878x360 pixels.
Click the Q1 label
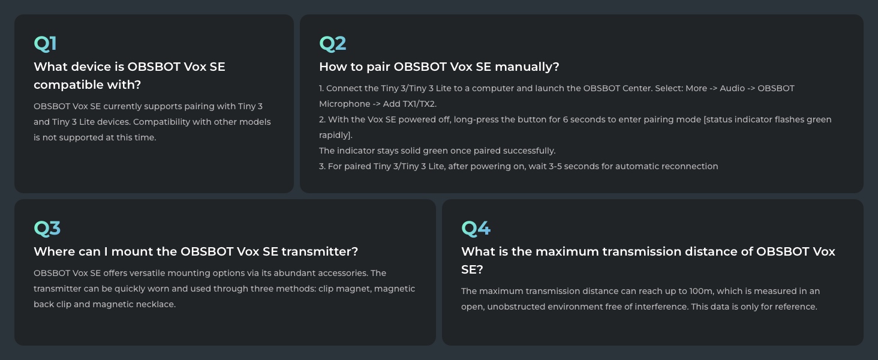pyautogui.click(x=45, y=44)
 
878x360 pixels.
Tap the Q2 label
pyautogui.click(x=333, y=44)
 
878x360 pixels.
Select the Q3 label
pyautogui.click(x=47, y=229)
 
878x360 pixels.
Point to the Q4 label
pyautogui.click(x=476, y=229)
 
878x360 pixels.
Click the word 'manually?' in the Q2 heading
pyautogui.click(x=528, y=67)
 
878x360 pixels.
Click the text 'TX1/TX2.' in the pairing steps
pyautogui.click(x=419, y=104)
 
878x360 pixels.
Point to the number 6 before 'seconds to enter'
pyautogui.click(x=566, y=119)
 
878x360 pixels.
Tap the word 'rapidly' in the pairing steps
pyautogui.click(x=335, y=135)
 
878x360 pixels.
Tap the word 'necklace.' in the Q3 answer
pyautogui.click(x=155, y=304)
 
